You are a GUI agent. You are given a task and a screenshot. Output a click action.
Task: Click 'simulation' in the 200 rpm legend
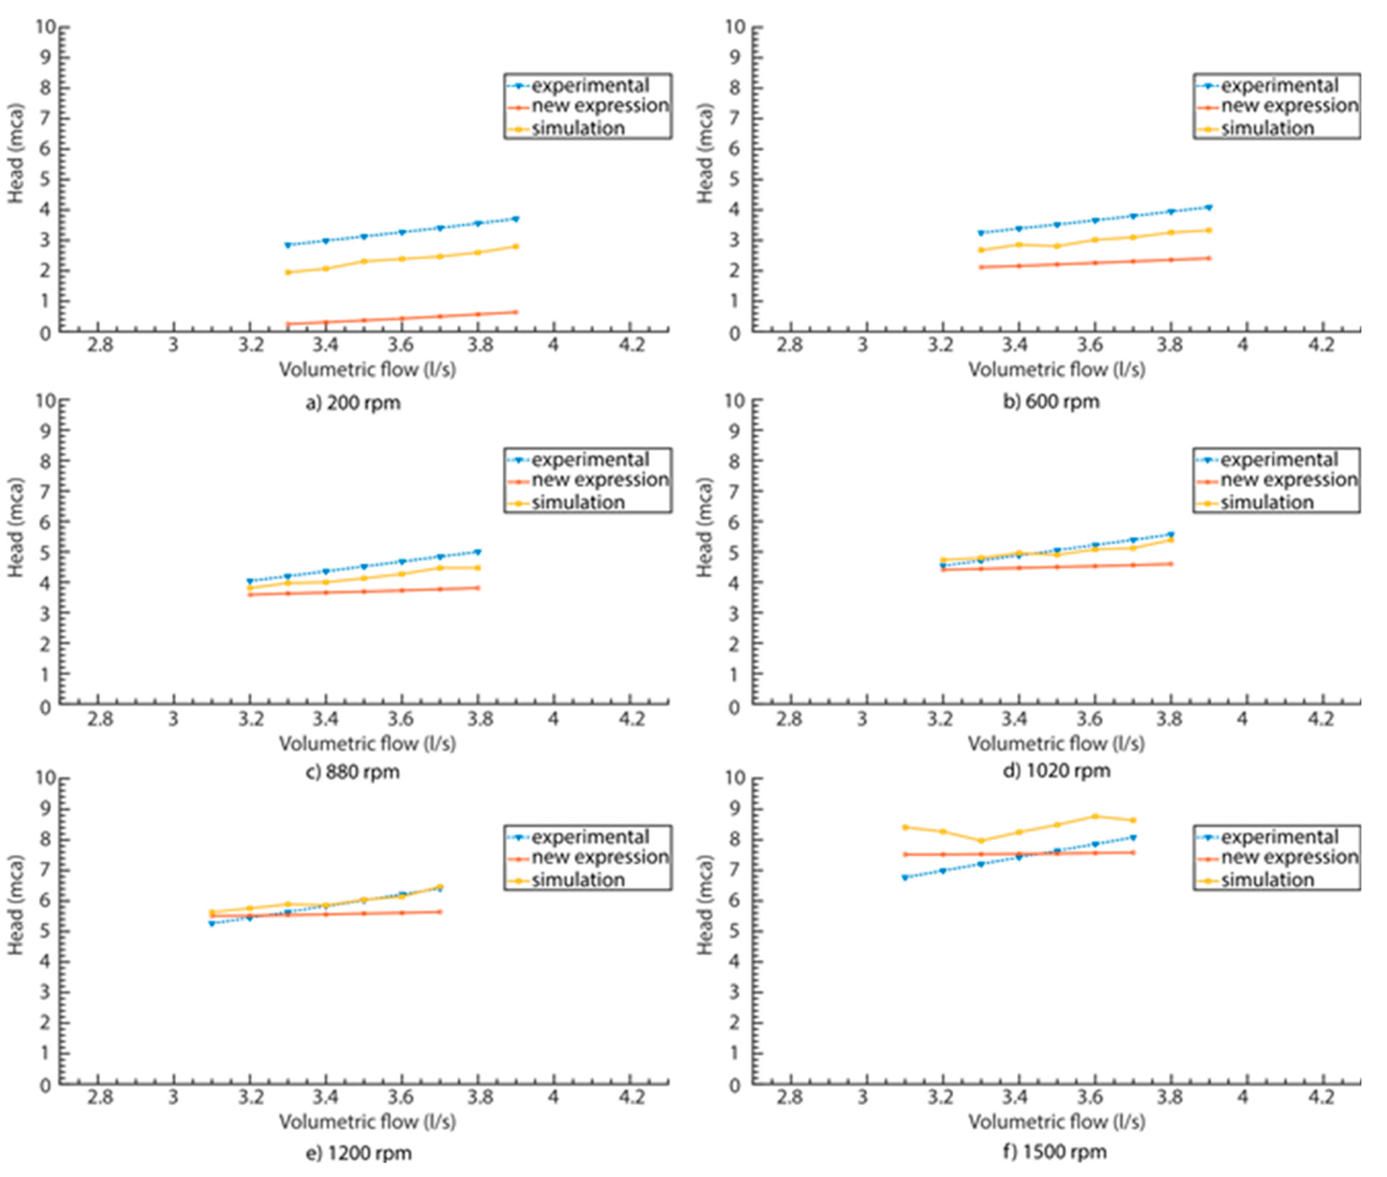pos(578,128)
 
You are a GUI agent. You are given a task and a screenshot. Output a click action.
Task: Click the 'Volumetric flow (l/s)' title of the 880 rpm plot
pos(367,743)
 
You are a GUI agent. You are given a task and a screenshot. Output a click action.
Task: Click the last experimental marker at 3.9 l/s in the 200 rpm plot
pos(515,219)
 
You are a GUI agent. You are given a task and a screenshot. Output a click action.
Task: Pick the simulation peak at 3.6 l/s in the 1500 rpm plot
pos(1095,816)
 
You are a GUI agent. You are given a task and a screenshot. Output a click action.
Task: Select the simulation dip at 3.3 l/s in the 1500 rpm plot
pos(980,841)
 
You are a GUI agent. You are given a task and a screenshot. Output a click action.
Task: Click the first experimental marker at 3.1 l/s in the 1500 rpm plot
pos(904,877)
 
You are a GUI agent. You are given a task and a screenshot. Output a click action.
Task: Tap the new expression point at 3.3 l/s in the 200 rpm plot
pos(288,324)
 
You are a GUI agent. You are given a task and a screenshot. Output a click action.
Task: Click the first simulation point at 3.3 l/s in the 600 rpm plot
pos(980,250)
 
